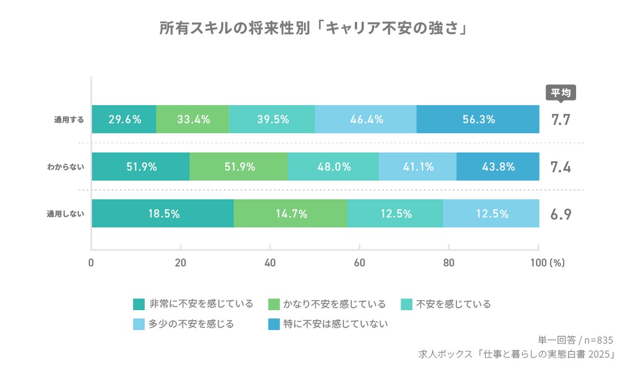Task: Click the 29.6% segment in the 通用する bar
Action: point(124,119)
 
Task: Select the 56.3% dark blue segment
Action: point(478,119)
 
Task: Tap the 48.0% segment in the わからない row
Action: point(333,167)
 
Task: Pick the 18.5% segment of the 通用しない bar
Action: point(162,214)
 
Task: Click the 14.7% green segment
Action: point(290,214)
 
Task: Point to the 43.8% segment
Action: point(498,167)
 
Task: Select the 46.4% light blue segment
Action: point(366,119)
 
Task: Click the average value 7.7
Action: point(561,120)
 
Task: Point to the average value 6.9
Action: point(561,214)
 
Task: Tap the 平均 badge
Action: point(561,93)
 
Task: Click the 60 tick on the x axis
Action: point(359,263)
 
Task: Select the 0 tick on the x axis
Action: point(92,263)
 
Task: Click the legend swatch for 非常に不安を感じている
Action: point(139,304)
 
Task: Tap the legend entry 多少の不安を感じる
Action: point(191,324)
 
